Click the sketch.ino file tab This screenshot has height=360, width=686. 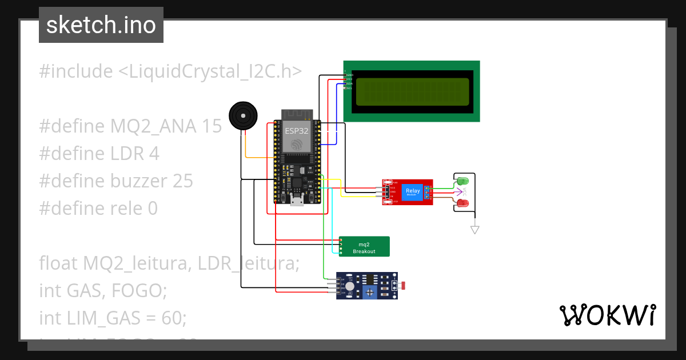coord(101,25)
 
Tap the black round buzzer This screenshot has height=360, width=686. coord(243,117)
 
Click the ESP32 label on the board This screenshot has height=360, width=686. coord(297,130)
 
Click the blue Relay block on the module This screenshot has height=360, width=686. coord(412,192)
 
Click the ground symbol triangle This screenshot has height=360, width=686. coord(474,230)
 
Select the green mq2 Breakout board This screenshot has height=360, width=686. coord(364,247)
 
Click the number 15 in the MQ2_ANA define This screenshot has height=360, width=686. coord(211,126)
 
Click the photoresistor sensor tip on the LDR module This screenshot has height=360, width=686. coord(406,285)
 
